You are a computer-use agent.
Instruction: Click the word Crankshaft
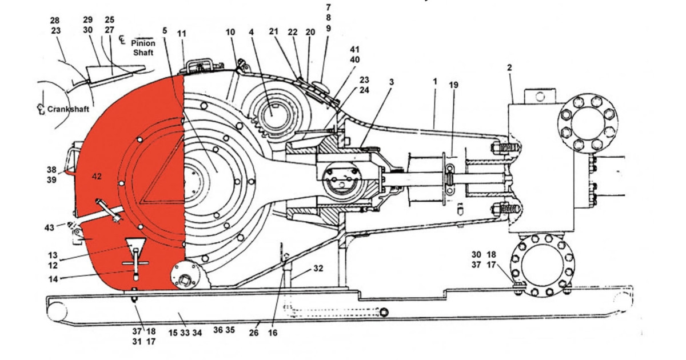point(68,109)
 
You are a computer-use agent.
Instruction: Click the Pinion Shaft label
point(143,47)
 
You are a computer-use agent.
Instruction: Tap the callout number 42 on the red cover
point(96,177)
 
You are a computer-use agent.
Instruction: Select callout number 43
point(50,227)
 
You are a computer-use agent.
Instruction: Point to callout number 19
point(453,85)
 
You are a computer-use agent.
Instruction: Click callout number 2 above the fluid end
point(509,67)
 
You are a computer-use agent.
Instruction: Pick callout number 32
point(318,268)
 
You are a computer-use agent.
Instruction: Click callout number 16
point(273,333)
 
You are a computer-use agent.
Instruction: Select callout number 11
point(182,34)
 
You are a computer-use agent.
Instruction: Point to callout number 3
point(391,82)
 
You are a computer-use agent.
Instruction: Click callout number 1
point(434,82)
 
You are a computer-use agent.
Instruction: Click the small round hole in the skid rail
point(384,311)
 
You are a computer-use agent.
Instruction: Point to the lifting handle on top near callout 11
point(201,63)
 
